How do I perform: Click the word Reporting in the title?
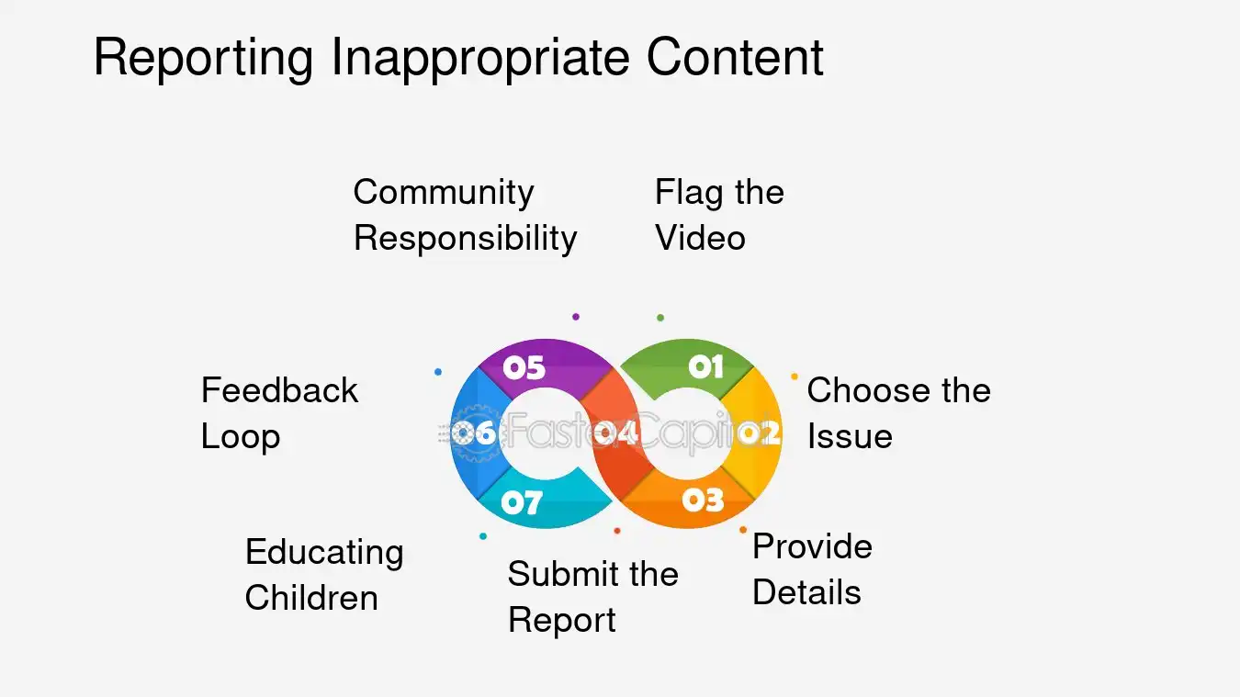[205, 57]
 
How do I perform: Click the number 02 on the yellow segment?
[759, 433]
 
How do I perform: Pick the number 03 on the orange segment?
[703, 500]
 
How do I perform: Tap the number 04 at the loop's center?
[615, 433]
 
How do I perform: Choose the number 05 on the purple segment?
[524, 367]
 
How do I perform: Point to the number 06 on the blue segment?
[474, 433]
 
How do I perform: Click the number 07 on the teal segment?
[521, 502]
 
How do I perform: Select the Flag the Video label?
[718, 215]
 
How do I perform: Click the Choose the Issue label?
[897, 412]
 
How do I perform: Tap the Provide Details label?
[811, 568]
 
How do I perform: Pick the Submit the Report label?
[592, 596]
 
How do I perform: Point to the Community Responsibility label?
[465, 215]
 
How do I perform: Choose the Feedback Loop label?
[278, 412]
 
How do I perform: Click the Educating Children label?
[323, 574]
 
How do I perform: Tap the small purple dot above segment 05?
[576, 317]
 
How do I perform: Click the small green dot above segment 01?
[660, 318]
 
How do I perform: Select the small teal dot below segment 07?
[483, 536]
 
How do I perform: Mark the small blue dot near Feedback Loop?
[438, 372]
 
